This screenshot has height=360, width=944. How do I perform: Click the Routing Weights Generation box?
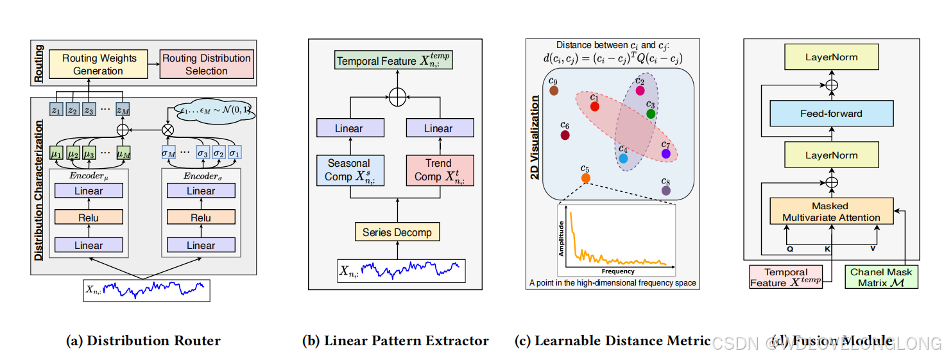click(99, 64)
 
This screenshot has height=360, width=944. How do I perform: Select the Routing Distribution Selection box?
click(206, 64)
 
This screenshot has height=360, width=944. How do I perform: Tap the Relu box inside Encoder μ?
click(89, 218)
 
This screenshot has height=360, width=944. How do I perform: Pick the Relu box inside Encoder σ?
click(201, 218)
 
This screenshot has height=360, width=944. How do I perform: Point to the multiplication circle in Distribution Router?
click(169, 129)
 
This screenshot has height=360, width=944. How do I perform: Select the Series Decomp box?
click(397, 232)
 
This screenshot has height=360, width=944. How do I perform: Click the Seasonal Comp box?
click(349, 170)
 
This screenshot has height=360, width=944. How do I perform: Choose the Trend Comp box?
click(439, 170)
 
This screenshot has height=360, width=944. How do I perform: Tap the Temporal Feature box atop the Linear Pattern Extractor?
click(394, 61)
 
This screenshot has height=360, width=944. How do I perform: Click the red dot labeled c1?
click(595, 106)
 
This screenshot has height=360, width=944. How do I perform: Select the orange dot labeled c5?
click(585, 178)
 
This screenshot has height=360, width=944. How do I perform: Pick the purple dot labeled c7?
click(666, 154)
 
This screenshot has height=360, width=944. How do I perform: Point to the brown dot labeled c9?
click(554, 90)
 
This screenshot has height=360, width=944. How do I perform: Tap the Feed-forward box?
click(831, 114)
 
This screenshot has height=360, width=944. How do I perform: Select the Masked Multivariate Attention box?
click(831, 211)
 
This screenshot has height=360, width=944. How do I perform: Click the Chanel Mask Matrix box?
click(881, 277)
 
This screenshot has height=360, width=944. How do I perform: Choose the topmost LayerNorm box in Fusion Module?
click(831, 57)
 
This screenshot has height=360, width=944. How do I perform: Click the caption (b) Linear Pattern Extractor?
click(395, 341)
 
